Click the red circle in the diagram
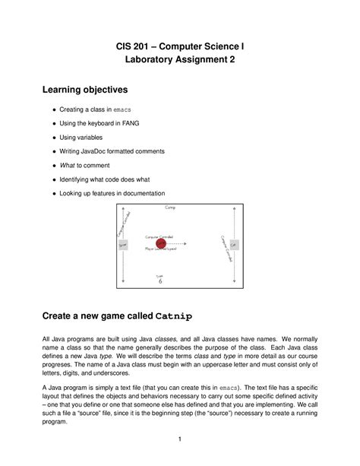[x=160, y=243]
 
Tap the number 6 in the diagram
[x=160, y=281]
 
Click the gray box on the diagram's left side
[x=124, y=244]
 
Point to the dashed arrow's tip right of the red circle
[x=187, y=243]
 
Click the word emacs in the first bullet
[x=132, y=110]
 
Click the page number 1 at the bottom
[x=179, y=439]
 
